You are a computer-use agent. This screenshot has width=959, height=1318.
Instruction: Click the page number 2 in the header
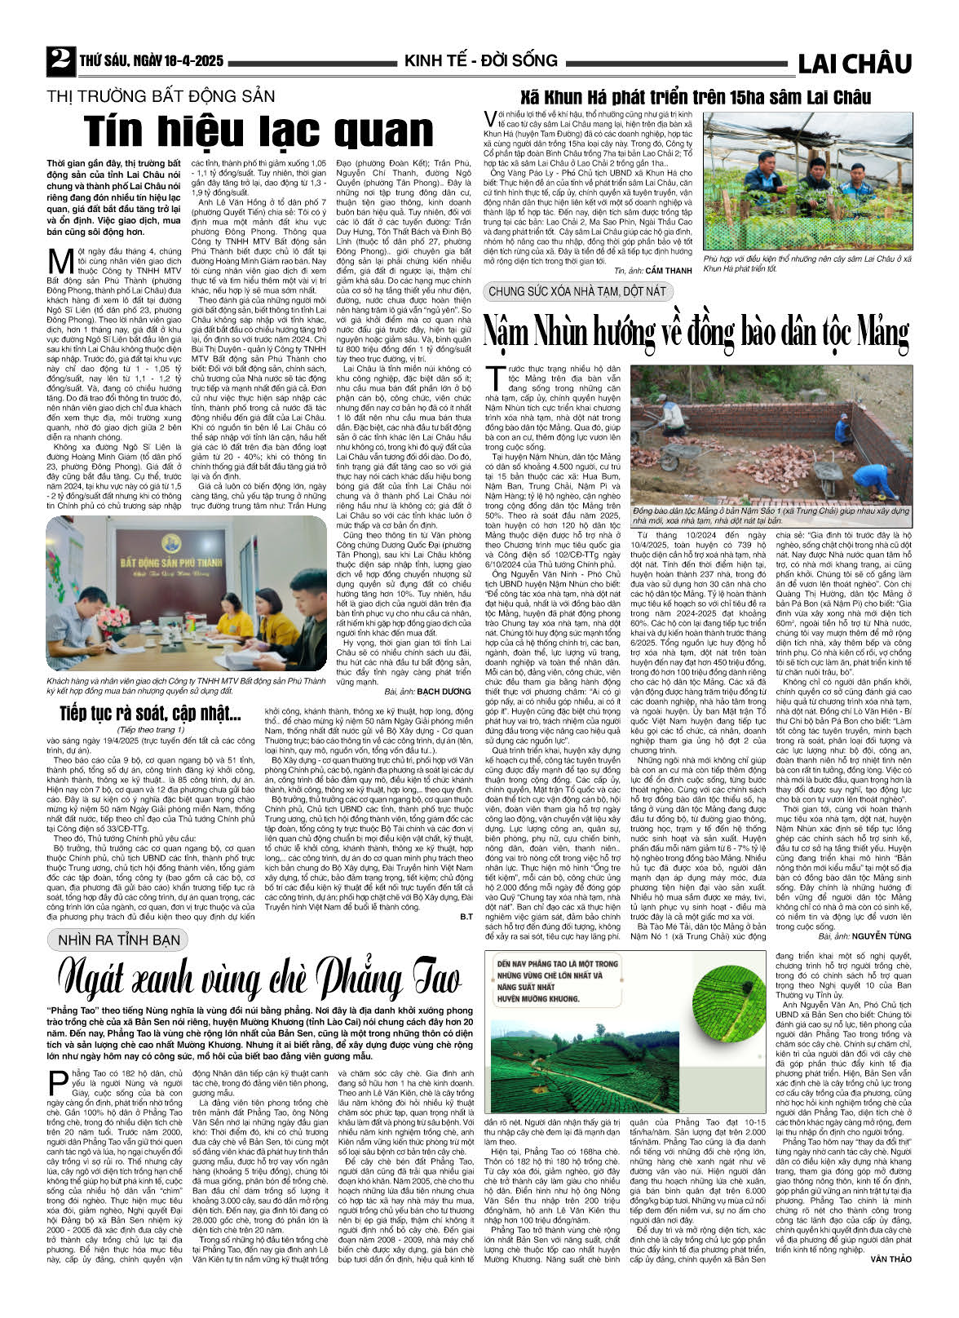[x=60, y=60]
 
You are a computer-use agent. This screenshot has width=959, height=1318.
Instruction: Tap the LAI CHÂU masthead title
[x=854, y=64]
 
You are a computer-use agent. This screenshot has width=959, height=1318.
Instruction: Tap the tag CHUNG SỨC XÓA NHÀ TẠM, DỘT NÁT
[x=577, y=291]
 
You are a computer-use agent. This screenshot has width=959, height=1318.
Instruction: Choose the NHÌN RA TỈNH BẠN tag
[x=118, y=940]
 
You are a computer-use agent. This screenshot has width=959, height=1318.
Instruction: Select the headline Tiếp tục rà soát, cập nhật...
[x=151, y=714]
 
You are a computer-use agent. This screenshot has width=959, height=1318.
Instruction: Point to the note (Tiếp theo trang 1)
[x=151, y=730]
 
